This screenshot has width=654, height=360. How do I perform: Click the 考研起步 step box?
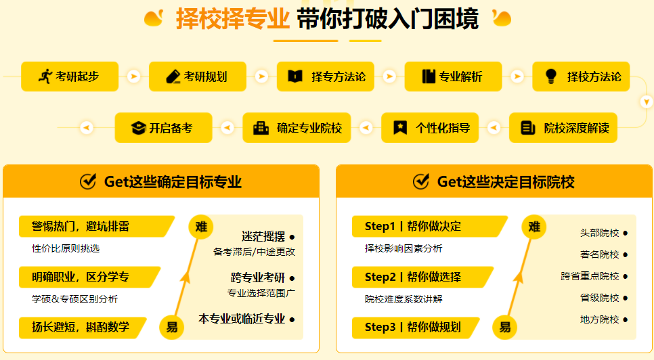[70, 76]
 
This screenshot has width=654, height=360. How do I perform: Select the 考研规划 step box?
[198, 76]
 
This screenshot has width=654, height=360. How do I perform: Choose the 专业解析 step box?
[453, 76]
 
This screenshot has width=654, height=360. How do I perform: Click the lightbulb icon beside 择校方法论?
[550, 76]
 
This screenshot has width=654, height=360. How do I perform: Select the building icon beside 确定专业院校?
[261, 127]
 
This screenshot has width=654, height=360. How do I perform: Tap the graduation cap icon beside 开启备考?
[138, 127]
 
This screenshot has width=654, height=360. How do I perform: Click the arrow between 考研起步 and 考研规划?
[134, 76]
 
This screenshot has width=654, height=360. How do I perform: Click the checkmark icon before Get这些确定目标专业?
[88, 181]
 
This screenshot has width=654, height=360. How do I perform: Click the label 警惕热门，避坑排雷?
[81, 226]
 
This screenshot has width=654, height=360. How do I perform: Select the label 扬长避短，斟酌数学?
[81, 328]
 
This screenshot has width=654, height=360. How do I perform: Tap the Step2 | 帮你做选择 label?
[413, 277]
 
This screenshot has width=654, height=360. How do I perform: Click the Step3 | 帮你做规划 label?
[413, 328]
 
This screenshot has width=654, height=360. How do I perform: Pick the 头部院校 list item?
[600, 233]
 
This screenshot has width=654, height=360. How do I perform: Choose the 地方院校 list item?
[600, 319]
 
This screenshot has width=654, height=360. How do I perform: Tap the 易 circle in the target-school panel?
[505, 328]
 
